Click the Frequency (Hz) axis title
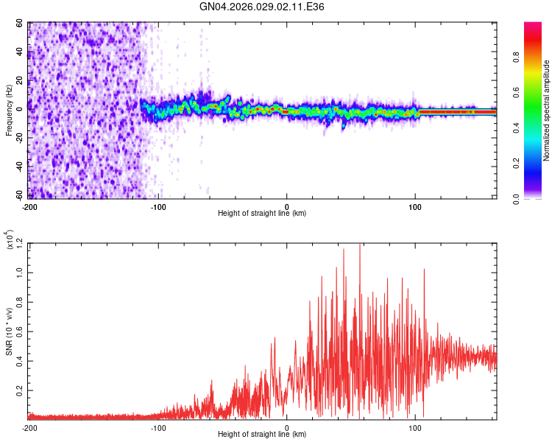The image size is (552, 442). point(9,110)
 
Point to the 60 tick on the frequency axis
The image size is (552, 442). point(20,24)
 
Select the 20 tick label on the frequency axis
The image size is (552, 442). point(20,80)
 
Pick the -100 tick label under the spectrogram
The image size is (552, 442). point(158,206)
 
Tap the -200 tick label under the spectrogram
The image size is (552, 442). point(29,206)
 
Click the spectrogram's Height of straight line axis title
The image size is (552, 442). point(262,214)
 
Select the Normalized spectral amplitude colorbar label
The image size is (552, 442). point(547,110)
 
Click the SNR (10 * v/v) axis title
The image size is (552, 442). point(9,331)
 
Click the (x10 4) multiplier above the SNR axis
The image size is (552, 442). point(9,240)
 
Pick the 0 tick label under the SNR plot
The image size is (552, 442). point(287,428)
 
